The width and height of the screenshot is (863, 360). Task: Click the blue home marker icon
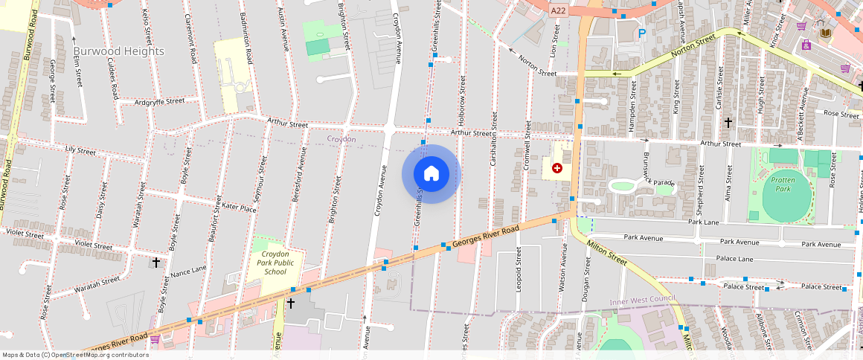point(431,174)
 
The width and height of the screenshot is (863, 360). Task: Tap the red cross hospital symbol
point(556,169)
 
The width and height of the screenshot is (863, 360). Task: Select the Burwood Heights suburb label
point(119,51)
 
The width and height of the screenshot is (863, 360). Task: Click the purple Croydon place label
point(341,139)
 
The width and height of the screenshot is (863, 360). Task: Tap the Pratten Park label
point(783,184)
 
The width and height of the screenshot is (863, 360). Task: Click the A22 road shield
point(559,10)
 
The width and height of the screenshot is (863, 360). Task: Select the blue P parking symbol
point(641,33)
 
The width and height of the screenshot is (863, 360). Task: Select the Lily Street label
point(81,151)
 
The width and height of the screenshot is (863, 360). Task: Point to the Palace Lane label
point(734,259)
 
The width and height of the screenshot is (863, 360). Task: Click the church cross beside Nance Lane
point(156,263)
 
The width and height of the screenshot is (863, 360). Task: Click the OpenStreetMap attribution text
point(76,355)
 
